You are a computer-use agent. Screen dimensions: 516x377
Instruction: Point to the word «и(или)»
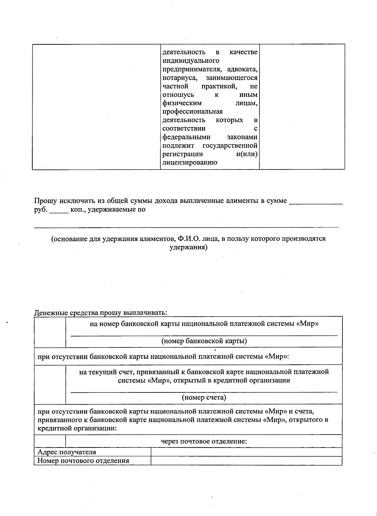tap(247, 154)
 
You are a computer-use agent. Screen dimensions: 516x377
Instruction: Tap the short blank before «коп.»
tap(59, 211)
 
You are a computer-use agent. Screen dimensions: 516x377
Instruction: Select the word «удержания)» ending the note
tap(188, 247)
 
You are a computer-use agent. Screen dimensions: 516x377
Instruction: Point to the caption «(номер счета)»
tap(204, 397)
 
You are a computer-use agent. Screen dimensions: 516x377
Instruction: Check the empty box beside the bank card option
tap(50, 332)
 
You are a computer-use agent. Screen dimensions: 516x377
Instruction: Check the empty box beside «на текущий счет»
tap(50, 384)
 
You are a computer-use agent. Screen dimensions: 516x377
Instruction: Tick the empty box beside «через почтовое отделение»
tap(50, 441)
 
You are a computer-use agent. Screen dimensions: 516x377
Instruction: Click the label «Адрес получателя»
tap(67, 452)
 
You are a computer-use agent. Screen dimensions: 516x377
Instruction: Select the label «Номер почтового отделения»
tap(83, 461)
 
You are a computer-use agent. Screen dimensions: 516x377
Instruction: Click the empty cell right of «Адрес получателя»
tap(246, 452)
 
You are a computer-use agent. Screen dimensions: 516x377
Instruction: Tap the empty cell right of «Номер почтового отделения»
tap(246, 461)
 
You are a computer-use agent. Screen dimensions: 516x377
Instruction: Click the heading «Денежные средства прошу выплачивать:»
tap(101, 313)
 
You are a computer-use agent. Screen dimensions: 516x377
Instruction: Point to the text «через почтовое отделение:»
tap(204, 441)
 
